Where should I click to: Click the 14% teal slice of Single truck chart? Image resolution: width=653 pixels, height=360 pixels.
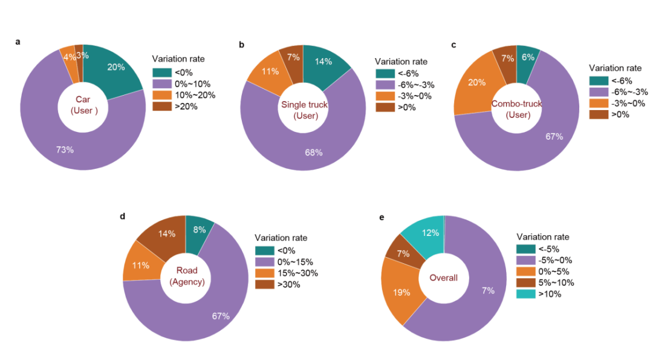[323, 62]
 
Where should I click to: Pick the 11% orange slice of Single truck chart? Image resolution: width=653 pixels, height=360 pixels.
[270, 72]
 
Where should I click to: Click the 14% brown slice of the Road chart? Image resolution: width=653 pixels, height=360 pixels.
[167, 234]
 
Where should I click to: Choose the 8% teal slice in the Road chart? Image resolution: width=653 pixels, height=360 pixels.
[200, 231]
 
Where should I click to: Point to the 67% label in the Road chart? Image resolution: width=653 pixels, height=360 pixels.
[221, 316]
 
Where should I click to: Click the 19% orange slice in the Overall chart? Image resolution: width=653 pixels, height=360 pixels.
[401, 292]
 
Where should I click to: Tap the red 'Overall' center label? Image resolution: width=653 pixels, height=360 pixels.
[443, 278]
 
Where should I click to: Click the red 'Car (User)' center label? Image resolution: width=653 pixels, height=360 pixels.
[83, 105]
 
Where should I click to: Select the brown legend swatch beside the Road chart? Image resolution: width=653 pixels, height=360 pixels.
[264, 284]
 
